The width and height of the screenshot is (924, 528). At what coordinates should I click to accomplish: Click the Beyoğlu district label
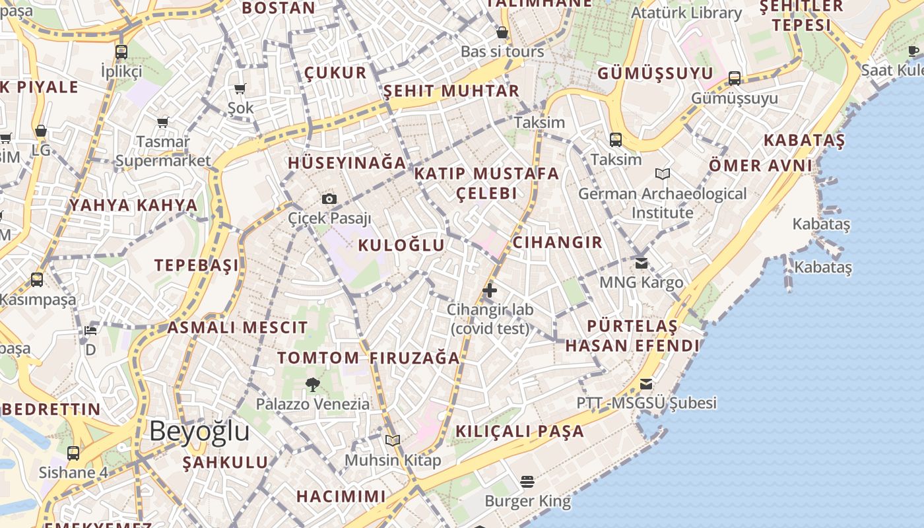199,431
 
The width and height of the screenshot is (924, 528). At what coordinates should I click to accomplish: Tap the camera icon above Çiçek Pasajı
329,199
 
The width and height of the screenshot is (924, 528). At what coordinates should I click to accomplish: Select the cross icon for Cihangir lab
489,290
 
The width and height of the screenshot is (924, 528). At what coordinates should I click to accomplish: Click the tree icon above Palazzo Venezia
313,384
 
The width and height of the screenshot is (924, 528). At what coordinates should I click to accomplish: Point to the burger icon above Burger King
527,482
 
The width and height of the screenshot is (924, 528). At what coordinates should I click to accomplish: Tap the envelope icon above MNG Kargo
641,263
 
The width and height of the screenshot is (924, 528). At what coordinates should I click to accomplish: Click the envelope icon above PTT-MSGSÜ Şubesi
646,383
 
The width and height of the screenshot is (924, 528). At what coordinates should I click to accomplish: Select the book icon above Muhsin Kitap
393,440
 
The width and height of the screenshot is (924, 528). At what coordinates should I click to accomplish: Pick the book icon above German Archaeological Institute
663,174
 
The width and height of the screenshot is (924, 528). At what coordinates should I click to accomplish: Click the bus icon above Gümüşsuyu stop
734,79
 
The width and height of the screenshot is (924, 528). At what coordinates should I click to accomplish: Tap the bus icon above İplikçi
121,51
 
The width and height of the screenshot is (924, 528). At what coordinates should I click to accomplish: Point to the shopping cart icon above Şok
240,88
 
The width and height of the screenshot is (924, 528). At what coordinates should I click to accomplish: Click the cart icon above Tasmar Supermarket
163,122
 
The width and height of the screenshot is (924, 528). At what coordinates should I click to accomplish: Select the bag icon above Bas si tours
502,32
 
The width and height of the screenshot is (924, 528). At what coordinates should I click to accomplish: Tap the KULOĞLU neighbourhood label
401,246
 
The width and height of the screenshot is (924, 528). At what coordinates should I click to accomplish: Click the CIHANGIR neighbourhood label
558,242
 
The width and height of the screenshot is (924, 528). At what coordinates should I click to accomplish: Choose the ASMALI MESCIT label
238,327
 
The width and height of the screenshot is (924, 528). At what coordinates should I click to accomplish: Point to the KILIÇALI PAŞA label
520,432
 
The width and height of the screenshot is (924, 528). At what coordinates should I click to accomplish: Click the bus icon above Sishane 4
73,453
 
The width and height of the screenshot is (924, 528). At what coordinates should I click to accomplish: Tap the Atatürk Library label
686,13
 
